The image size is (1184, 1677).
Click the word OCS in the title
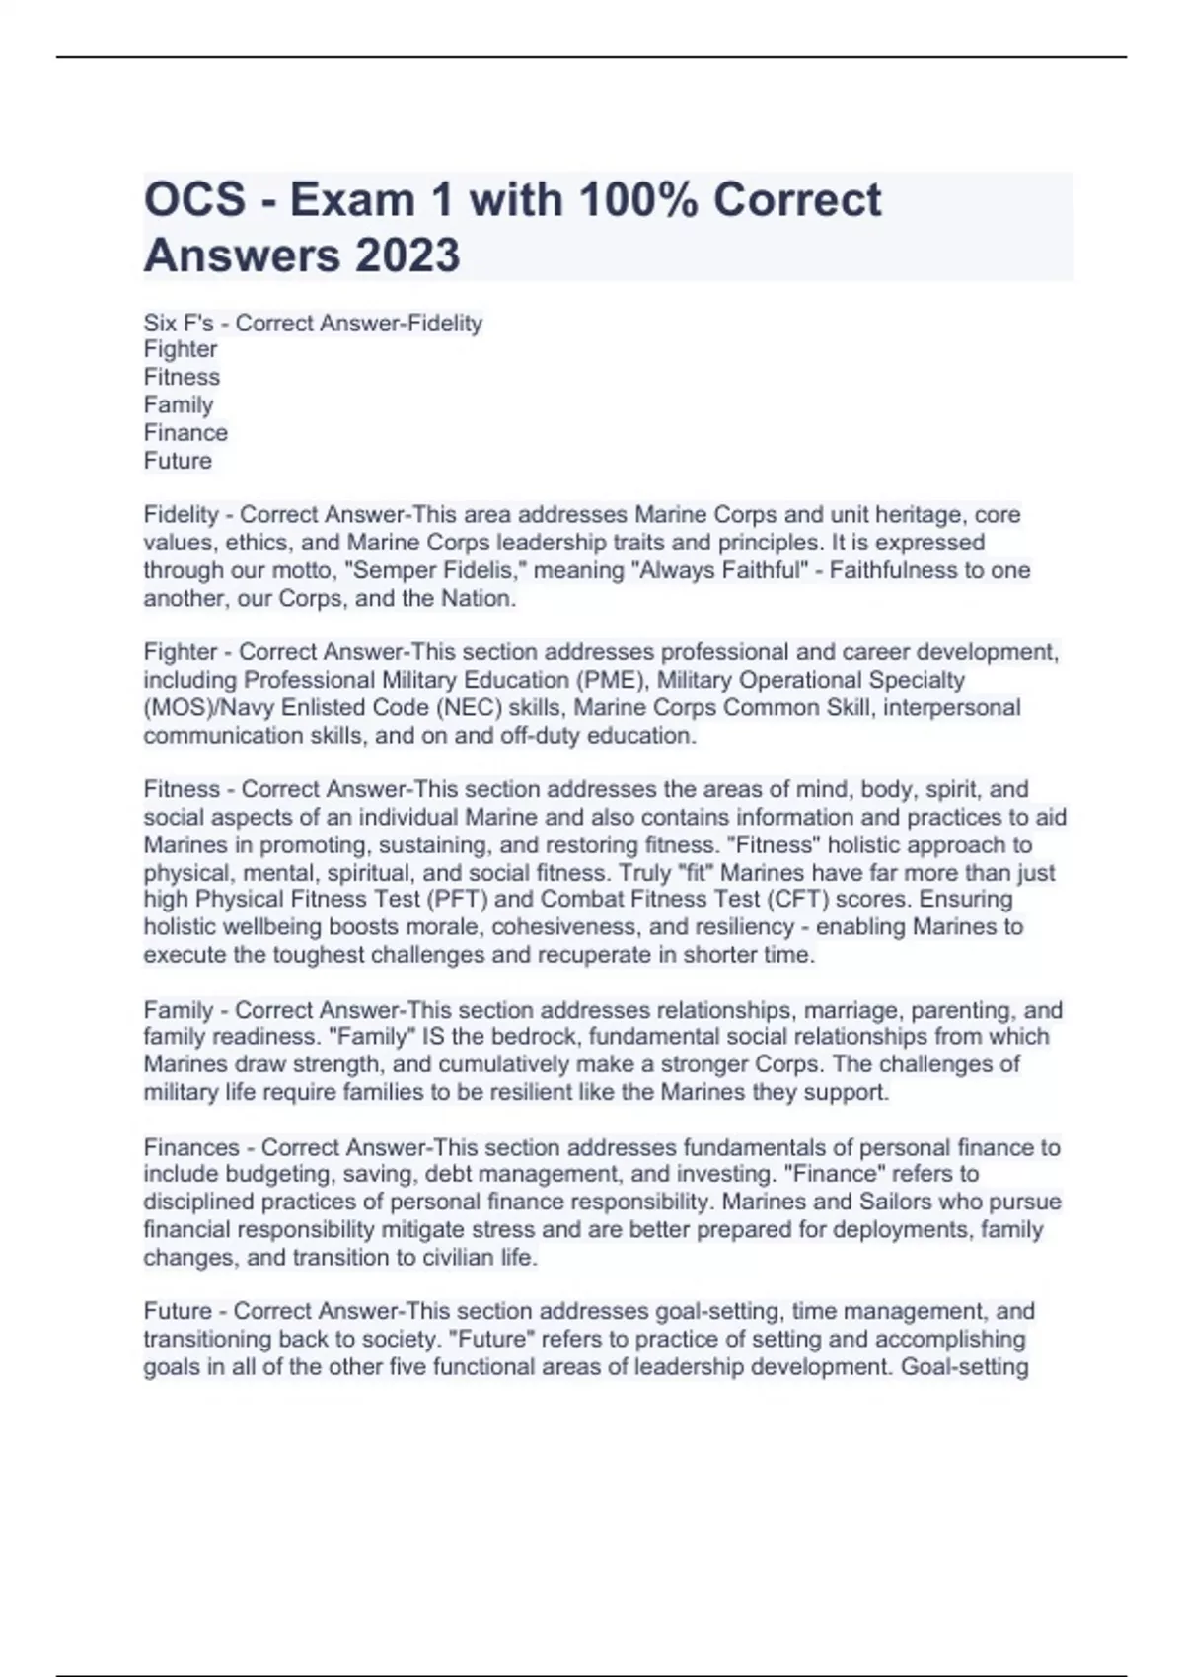(x=194, y=199)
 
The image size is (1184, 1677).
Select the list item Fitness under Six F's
(x=182, y=377)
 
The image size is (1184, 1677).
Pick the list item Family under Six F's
(x=179, y=404)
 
